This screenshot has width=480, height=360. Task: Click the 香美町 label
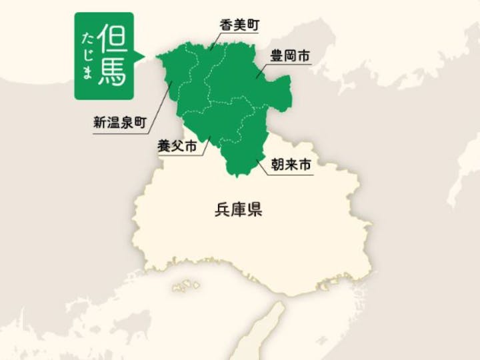point(239,25)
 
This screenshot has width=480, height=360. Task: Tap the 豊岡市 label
point(289,57)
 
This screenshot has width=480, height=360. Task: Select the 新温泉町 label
point(119,123)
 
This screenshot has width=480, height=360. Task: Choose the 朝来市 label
point(291,164)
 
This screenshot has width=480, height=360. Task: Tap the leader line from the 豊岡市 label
point(262,72)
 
